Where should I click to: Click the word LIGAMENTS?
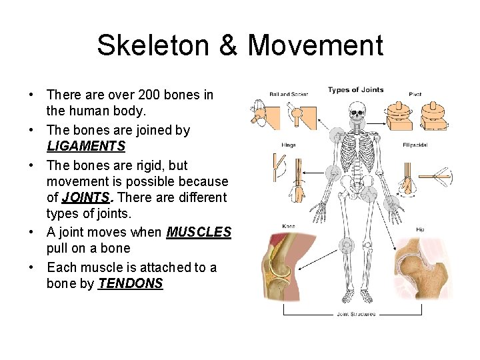tap(86, 146)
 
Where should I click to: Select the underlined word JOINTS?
tap(85, 197)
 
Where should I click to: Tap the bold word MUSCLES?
tap(199, 232)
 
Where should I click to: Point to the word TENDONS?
tap(130, 283)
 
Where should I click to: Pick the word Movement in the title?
tap(315, 45)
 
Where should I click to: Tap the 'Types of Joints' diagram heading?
tap(355, 90)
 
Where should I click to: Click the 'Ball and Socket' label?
tap(288, 95)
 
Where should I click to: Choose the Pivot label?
tap(415, 95)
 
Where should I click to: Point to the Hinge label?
tap(288, 145)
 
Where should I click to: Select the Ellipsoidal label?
tap(415, 145)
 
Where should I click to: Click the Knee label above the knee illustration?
tap(288, 227)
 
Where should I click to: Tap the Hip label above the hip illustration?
tap(420, 229)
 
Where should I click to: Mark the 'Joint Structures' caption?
tap(355, 314)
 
